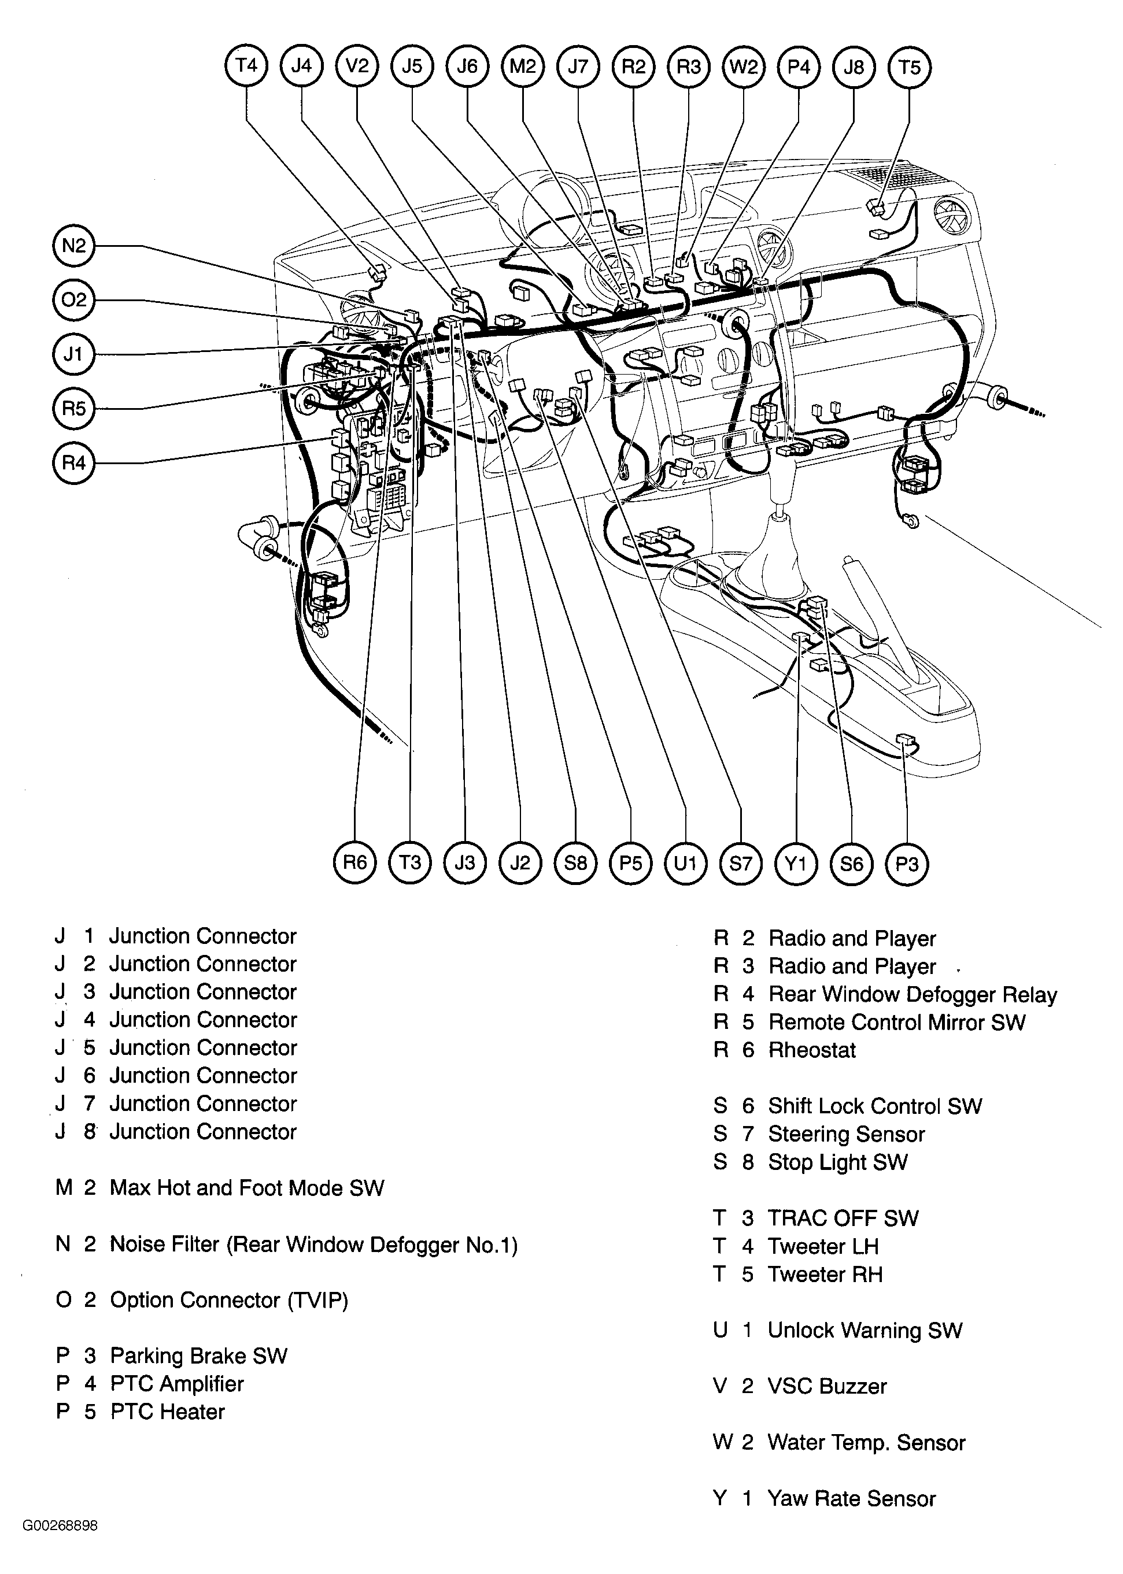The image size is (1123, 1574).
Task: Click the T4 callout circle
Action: click(x=246, y=66)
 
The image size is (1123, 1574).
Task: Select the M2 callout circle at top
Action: click(x=523, y=66)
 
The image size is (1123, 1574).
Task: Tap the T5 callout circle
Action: click(x=909, y=67)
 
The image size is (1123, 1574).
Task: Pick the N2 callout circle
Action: click(x=74, y=246)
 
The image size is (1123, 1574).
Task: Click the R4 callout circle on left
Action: click(x=74, y=462)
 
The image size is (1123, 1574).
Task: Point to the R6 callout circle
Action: click(x=354, y=862)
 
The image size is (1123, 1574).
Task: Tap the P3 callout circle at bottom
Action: click(x=907, y=864)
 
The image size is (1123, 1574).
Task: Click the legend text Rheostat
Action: click(x=812, y=1050)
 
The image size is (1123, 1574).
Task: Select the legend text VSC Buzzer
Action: click(x=827, y=1386)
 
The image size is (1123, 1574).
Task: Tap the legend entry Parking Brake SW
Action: click(x=198, y=1356)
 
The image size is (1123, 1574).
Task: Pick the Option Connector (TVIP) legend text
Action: click(x=229, y=1299)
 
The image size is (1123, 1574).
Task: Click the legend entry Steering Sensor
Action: click(x=847, y=1134)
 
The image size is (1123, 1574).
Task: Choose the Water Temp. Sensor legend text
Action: click(x=866, y=1442)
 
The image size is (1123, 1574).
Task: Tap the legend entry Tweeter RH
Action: click(x=825, y=1274)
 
